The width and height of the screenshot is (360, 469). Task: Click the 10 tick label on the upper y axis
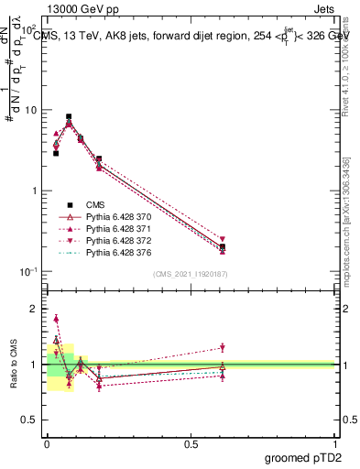click(x=31, y=110)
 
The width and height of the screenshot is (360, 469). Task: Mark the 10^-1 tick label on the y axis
click(x=28, y=271)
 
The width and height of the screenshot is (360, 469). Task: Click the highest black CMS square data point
click(x=69, y=117)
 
